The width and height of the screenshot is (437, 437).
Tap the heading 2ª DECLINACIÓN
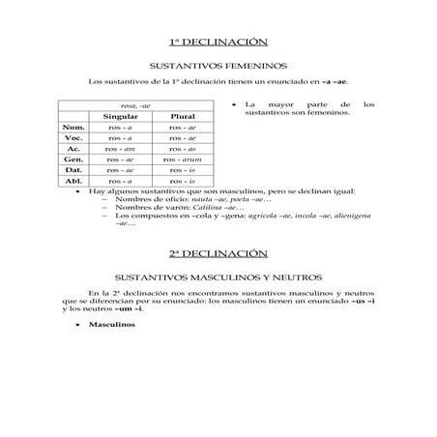click(218, 252)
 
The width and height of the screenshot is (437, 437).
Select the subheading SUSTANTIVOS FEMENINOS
click(218, 65)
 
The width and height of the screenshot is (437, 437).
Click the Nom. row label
click(73, 127)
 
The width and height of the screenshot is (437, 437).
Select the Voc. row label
click(73, 137)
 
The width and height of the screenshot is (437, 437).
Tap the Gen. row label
click(73, 159)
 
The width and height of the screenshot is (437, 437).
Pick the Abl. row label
click(73, 180)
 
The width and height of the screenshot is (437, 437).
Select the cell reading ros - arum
click(183, 159)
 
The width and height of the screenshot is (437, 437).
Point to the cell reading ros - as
click(183, 148)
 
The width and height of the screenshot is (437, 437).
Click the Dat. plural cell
click(183, 169)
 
